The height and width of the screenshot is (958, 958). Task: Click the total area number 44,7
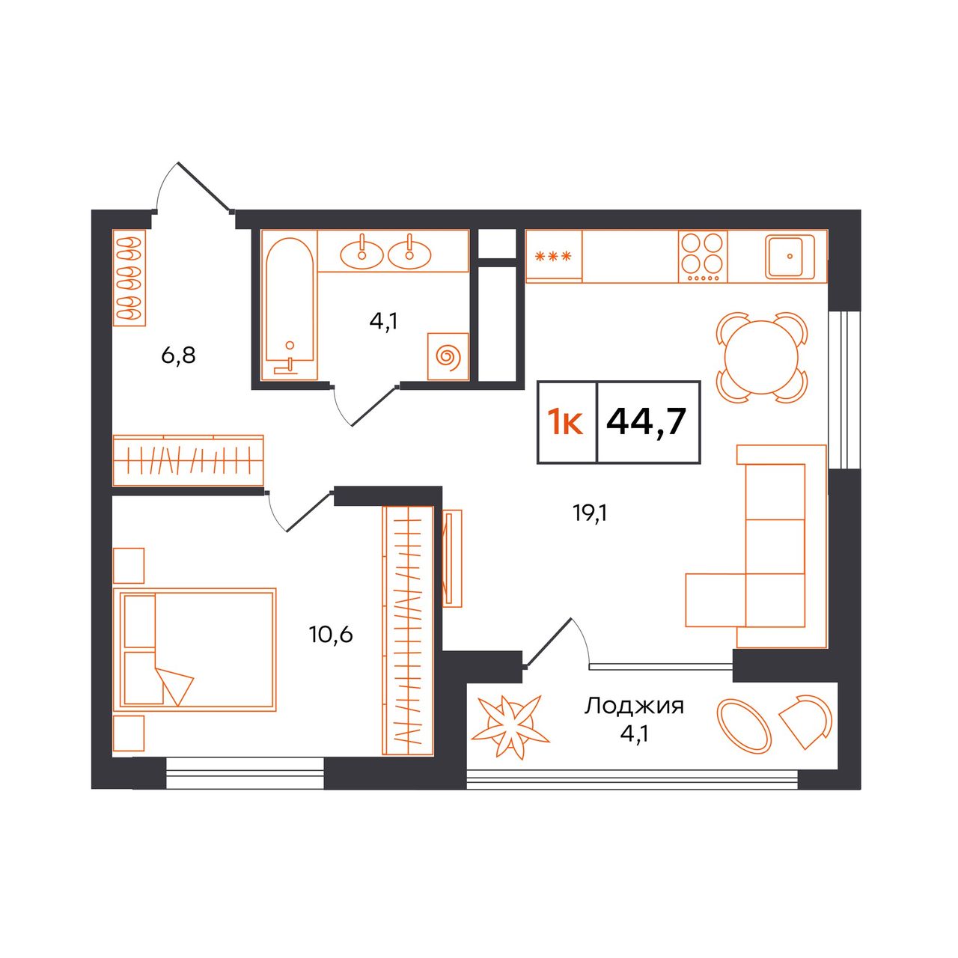point(646,421)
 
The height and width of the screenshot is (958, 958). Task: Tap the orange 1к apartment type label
point(565,422)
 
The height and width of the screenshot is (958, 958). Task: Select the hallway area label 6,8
point(178,356)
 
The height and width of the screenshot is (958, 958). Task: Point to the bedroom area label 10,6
point(331,635)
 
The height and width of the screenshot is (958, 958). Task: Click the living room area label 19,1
point(591,513)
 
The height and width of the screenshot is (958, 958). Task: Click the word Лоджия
point(634,706)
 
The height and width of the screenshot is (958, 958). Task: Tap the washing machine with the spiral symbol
point(448,356)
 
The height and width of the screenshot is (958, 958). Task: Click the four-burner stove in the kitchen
point(703,257)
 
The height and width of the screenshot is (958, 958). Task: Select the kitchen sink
point(790,257)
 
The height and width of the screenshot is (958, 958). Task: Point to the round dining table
point(761,357)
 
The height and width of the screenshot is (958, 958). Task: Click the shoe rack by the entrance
point(129,278)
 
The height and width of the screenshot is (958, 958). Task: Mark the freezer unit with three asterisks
point(553,257)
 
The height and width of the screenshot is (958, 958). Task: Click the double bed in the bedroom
point(195,650)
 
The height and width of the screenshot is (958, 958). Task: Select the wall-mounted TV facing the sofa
point(452,558)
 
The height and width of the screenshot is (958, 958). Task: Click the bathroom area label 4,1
point(384,322)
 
